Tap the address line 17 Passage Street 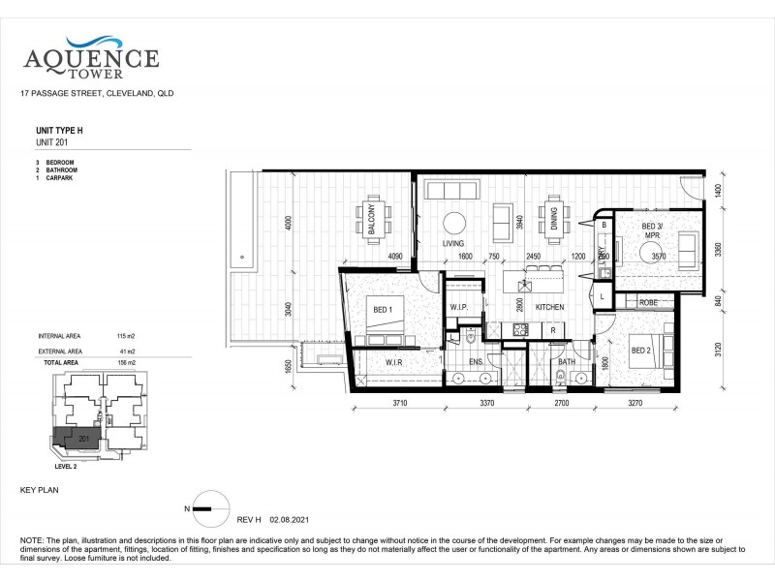point(96,94)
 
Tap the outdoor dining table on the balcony point(371,222)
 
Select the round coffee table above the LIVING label point(454,220)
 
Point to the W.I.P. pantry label point(458,308)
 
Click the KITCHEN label point(548,307)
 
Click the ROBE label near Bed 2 point(647,303)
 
